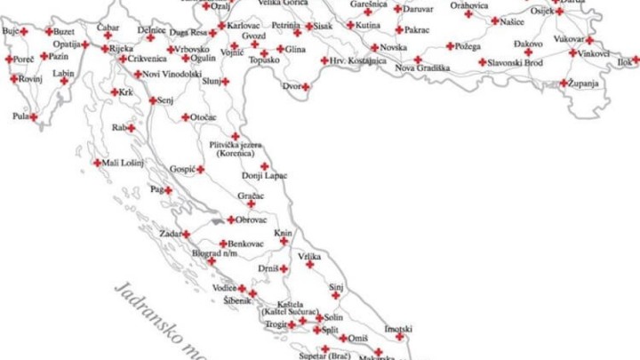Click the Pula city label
[x=20, y=116]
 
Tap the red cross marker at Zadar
[x=186, y=235]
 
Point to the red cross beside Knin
[x=284, y=241]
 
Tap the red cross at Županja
[x=564, y=84]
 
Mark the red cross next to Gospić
[x=201, y=169]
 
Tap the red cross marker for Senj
[x=153, y=100]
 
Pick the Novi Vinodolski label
[x=172, y=74]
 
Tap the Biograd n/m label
[x=213, y=252]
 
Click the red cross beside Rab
[x=131, y=128]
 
